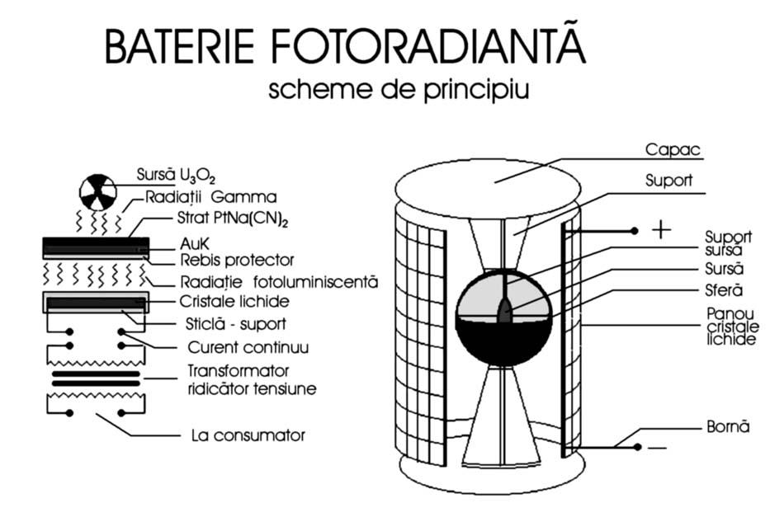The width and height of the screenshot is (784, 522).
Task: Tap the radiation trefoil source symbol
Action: click(98, 192)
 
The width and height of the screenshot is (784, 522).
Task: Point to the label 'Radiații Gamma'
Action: click(210, 198)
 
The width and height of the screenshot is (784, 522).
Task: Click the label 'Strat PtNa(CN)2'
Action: click(229, 219)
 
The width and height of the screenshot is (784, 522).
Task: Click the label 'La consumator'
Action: click(247, 435)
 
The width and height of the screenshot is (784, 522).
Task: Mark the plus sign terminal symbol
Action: click(660, 230)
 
